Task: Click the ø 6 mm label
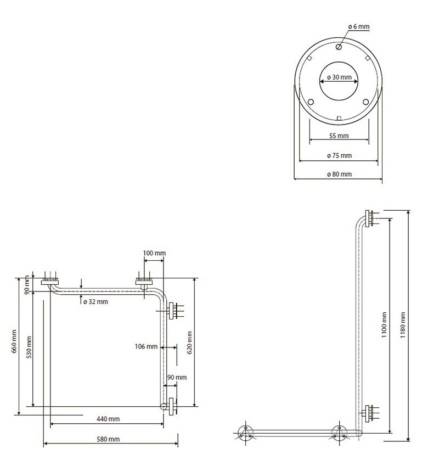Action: pyautogui.click(x=359, y=27)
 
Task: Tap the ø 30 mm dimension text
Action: pyautogui.click(x=339, y=77)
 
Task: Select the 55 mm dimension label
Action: pyautogui.click(x=339, y=136)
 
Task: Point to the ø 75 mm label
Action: pyautogui.click(x=339, y=155)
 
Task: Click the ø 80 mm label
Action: pyautogui.click(x=339, y=174)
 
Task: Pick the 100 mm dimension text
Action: pyautogui.click(x=154, y=253)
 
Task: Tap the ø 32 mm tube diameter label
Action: pyautogui.click(x=95, y=301)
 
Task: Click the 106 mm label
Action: pyautogui.click(x=146, y=346)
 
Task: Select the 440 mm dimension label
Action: pyautogui.click(x=108, y=419)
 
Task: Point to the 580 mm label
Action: pyautogui.click(x=108, y=439)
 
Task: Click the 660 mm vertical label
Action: pyautogui.click(x=14, y=341)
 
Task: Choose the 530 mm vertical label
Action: pyautogui.click(x=29, y=347)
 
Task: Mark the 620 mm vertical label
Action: pyautogui.click(x=189, y=343)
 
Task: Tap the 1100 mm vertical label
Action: pyautogui.click(x=384, y=325)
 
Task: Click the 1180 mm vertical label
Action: pyautogui.click(x=403, y=325)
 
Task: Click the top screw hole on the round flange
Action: pyautogui.click(x=339, y=47)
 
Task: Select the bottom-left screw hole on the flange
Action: pyautogui.click(x=311, y=102)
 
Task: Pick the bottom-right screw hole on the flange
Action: pyautogui.click(x=365, y=102)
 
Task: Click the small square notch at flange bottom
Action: pyautogui.click(x=339, y=118)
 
